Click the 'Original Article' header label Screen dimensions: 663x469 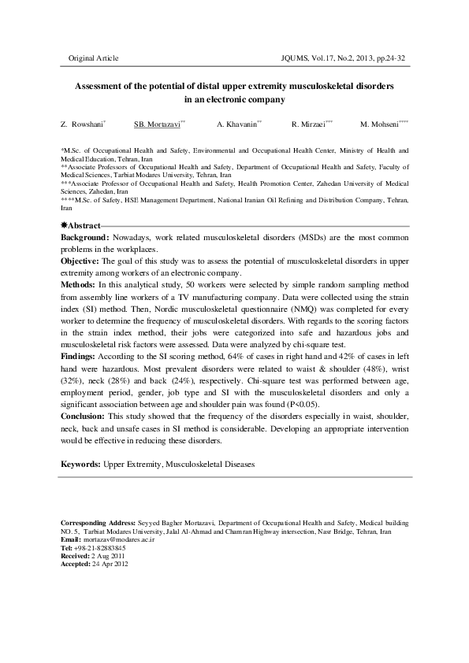pos(94,59)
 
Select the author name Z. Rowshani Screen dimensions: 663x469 pos(84,124)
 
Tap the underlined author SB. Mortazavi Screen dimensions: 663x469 pos(158,124)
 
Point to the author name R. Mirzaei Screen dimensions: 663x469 pos(309,124)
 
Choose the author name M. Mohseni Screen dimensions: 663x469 pos(382,124)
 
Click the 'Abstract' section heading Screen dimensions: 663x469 pos(84,226)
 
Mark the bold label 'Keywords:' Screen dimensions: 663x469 pos(81,465)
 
